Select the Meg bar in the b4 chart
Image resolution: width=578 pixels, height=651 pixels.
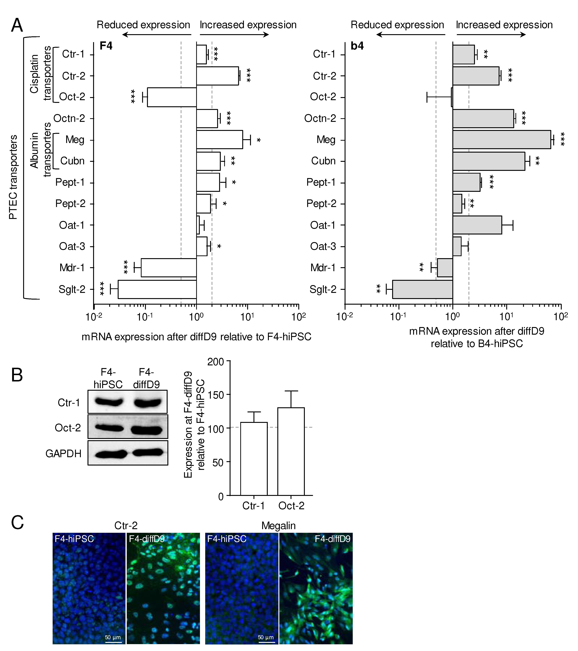pyautogui.click(x=502, y=140)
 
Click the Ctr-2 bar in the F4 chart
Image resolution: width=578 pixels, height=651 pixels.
pyautogui.click(x=217, y=76)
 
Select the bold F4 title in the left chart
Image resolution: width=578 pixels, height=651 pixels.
pyautogui.click(x=106, y=46)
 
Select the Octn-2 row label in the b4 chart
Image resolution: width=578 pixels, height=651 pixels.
pyautogui.click(x=320, y=118)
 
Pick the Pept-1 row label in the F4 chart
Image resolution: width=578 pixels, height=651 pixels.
pyautogui.click(x=70, y=182)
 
